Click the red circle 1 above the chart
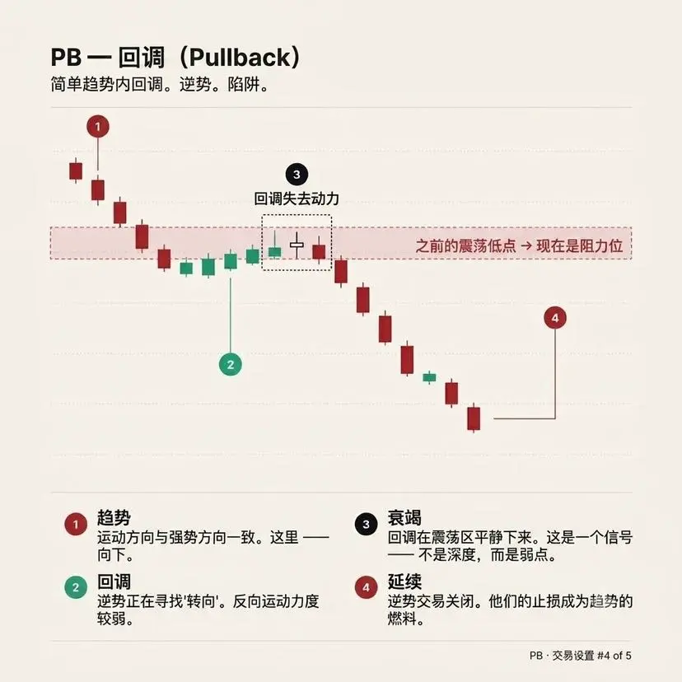98,127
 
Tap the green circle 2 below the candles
231,365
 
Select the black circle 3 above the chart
297,175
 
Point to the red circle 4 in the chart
555,318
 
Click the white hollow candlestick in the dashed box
297,245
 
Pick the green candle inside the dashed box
274,251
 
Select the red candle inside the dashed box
319,252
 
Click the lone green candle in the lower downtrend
429,377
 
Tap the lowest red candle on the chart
474,418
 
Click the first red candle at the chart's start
76,171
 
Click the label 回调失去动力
297,199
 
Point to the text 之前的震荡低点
465,245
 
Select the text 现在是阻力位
579,245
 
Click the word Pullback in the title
240,58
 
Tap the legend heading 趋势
114,517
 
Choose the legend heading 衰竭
404,517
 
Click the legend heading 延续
404,581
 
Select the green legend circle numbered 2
76,587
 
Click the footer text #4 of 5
614,656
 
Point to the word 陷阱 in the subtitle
244,84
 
